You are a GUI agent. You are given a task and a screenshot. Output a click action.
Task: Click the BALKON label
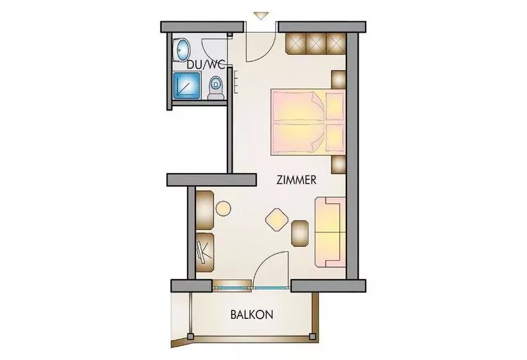(251, 314)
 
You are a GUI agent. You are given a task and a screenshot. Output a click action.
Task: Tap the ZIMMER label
(296, 180)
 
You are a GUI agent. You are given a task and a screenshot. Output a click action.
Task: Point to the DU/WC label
(206, 64)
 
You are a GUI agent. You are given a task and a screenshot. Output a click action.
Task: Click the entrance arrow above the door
(261, 16)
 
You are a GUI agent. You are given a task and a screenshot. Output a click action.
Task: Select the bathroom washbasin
(181, 50)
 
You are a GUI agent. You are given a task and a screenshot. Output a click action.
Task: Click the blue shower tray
(187, 86)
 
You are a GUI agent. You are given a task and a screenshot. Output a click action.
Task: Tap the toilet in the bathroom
(216, 87)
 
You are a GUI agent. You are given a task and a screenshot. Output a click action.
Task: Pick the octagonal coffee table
(277, 220)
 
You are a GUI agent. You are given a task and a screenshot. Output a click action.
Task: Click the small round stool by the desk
(223, 208)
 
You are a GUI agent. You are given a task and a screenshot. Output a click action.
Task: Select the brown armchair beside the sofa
(299, 233)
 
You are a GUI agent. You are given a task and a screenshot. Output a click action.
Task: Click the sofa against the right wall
(330, 232)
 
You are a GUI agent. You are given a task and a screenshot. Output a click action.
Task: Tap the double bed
(308, 122)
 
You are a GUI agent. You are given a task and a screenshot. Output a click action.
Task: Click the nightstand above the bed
(339, 80)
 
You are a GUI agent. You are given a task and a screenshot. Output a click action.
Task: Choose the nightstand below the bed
(339, 165)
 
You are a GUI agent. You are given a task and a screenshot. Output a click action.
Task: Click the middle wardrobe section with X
(316, 43)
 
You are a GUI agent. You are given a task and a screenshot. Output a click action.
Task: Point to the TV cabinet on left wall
(204, 253)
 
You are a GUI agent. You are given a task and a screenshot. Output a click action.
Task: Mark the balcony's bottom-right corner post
(312, 336)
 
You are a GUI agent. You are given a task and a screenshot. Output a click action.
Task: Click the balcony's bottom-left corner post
(191, 336)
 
